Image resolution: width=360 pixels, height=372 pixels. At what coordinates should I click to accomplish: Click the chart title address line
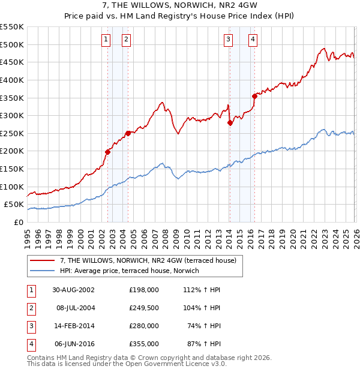[x=179, y=6]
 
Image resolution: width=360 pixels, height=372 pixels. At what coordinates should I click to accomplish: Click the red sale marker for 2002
[x=108, y=152]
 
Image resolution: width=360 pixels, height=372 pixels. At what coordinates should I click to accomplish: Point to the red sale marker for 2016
[x=254, y=96]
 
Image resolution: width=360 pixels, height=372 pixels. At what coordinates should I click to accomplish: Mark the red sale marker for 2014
[x=230, y=122]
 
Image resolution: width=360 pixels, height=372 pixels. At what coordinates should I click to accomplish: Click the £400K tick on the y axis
[x=13, y=80]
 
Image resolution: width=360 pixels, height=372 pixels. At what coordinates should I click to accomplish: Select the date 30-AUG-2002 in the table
[x=74, y=290]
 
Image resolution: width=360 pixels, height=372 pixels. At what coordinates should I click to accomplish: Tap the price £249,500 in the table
[x=144, y=308]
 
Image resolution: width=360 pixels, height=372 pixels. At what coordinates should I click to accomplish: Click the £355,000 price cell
[x=144, y=344]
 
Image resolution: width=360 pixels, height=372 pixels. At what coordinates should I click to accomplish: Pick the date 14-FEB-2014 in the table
[x=74, y=326]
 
